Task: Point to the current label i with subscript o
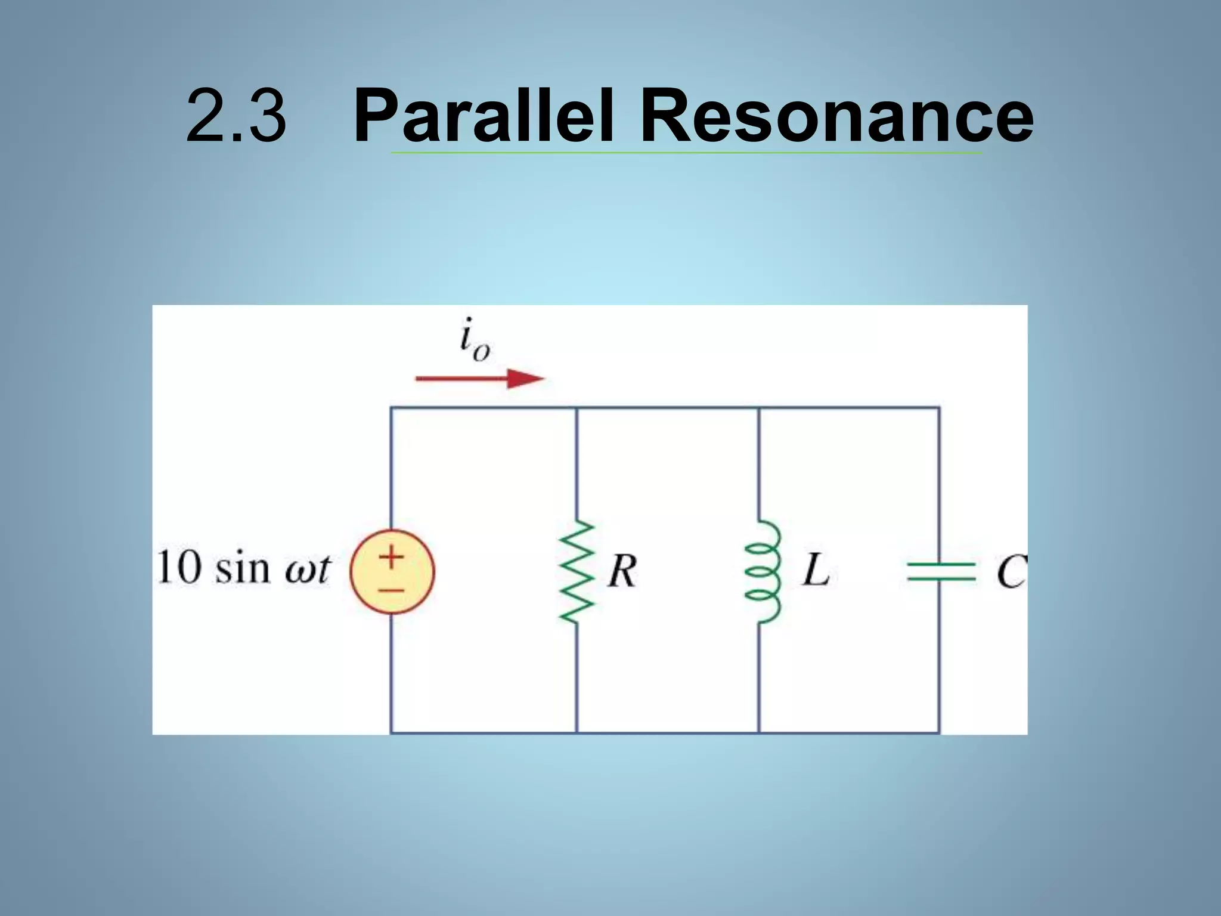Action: tap(474, 340)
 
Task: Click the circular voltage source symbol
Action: tap(392, 571)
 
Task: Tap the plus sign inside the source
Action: tap(392, 557)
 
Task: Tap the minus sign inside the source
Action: tap(392, 590)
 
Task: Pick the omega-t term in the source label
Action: tap(306, 570)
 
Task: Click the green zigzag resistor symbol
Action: tap(577, 571)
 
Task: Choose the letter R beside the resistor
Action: tap(622, 571)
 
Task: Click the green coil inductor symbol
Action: tap(761, 571)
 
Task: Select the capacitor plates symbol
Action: tap(940, 571)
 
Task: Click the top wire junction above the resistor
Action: tap(577, 408)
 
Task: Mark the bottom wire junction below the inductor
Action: tap(759, 732)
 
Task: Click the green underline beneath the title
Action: tap(686, 153)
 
